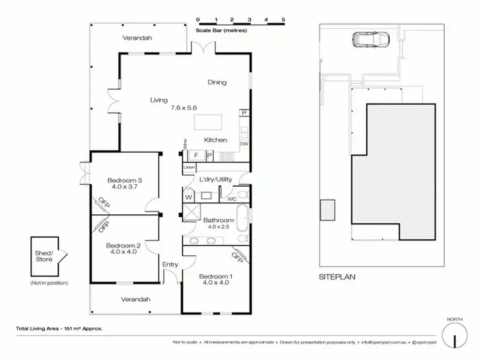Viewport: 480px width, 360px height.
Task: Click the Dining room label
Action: click(218, 82)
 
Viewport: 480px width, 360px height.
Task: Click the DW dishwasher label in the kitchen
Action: click(244, 144)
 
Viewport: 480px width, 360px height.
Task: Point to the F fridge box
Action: click(196, 155)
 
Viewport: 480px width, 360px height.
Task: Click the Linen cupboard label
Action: click(189, 168)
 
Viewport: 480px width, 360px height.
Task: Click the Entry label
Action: click(170, 264)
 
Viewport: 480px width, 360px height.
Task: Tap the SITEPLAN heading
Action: click(337, 277)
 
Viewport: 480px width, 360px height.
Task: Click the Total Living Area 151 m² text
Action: click(59, 329)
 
